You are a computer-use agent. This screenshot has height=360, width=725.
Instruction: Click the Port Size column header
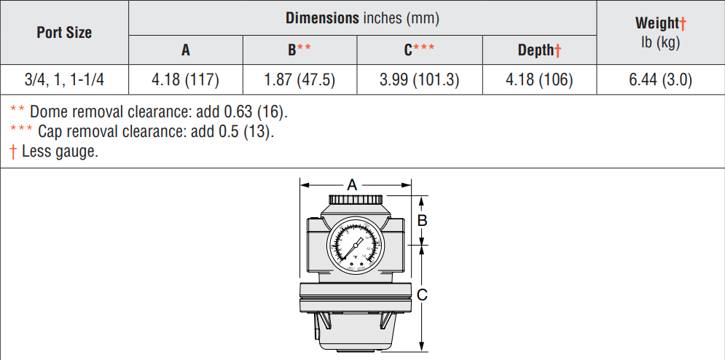(x=64, y=33)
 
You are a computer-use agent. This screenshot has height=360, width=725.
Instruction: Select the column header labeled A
(x=186, y=50)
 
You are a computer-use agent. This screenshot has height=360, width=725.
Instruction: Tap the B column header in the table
(x=299, y=50)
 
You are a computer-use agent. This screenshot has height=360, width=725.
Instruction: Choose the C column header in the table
(x=419, y=50)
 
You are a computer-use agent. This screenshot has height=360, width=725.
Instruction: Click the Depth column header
(x=539, y=50)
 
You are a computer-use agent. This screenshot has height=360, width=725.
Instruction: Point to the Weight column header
(x=660, y=24)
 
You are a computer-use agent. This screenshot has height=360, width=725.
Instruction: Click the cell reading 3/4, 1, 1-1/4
(x=64, y=80)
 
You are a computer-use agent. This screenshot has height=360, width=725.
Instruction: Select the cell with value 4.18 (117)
(x=186, y=80)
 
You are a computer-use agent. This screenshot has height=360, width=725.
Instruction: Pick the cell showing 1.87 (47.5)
(x=299, y=80)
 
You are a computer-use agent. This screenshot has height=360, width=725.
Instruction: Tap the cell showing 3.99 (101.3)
(x=419, y=80)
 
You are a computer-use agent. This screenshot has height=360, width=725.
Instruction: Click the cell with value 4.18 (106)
(x=539, y=80)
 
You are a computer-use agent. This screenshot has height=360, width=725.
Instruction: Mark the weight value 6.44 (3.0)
(x=660, y=80)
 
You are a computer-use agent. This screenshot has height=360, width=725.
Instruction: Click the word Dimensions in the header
(x=322, y=17)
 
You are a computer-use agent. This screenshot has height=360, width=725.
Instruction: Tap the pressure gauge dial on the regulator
(x=352, y=248)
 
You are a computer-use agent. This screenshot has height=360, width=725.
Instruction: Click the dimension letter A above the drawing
(x=352, y=185)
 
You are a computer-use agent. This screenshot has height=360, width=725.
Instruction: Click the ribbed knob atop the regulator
(x=355, y=199)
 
